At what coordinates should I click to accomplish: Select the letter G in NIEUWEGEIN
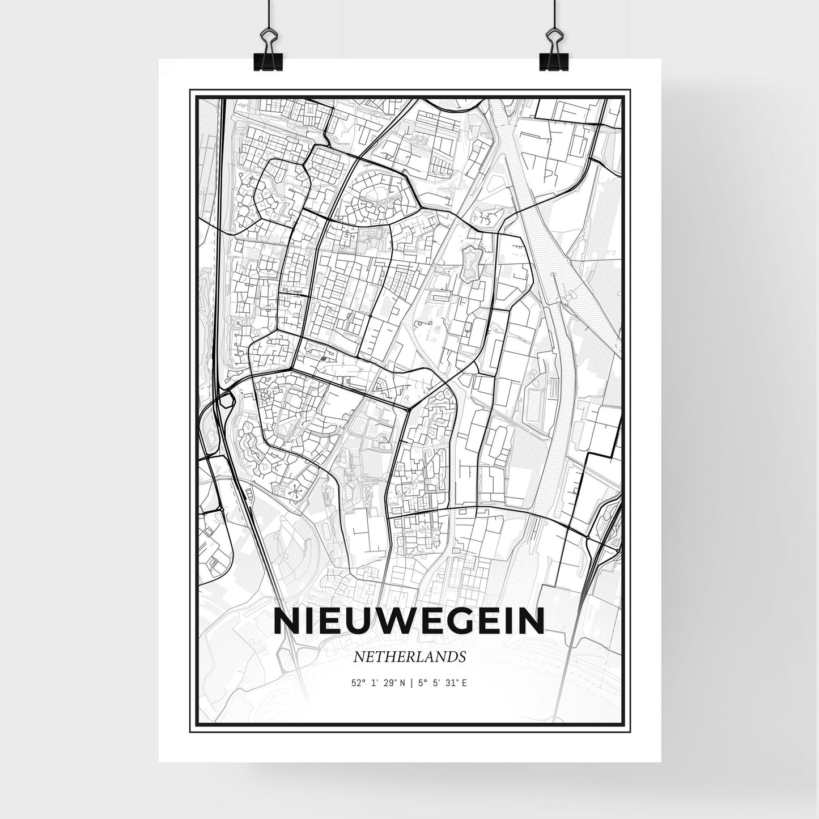click(x=455, y=622)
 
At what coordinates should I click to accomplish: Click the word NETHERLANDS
click(x=409, y=657)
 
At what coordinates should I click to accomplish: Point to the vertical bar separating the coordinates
click(x=411, y=683)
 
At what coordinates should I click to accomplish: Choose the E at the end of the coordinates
click(x=465, y=683)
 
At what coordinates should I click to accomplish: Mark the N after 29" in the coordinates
click(x=403, y=683)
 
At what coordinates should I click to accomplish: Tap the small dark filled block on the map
click(x=322, y=358)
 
